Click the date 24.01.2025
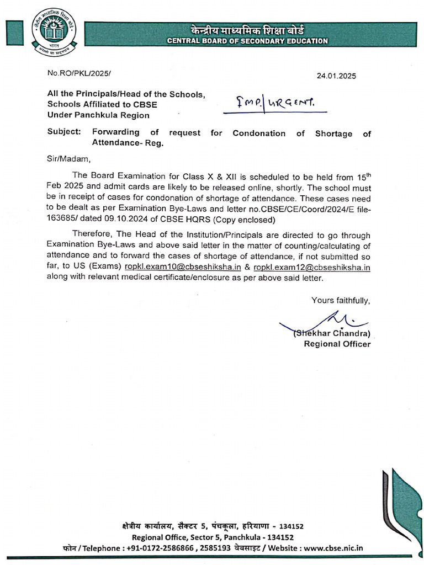347,77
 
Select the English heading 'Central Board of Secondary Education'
248,41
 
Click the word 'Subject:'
63,134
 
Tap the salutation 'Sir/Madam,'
68,159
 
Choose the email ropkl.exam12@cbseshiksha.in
311,267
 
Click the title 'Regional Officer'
337,344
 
